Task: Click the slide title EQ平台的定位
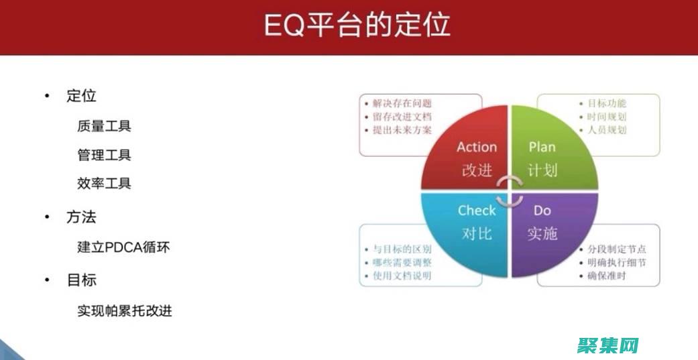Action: pyautogui.click(x=355, y=25)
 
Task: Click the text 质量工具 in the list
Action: pyautogui.click(x=104, y=126)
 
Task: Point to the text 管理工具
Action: pyautogui.click(x=104, y=156)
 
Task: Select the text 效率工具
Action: pyautogui.click(x=104, y=184)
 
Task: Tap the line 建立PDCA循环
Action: pyautogui.click(x=123, y=247)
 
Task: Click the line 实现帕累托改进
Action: pyautogui.click(x=124, y=310)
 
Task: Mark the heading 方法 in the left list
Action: pyautogui.click(x=81, y=217)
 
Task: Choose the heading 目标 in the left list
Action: pyautogui.click(x=81, y=280)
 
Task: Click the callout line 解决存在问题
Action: pyautogui.click(x=402, y=103)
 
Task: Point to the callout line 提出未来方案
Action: pyautogui.click(x=402, y=129)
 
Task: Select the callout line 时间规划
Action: pyautogui.click(x=607, y=117)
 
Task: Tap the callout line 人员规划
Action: pyautogui.click(x=607, y=129)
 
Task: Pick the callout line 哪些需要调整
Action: pyautogui.click(x=402, y=263)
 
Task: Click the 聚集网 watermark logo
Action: pyautogui.click(x=606, y=345)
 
